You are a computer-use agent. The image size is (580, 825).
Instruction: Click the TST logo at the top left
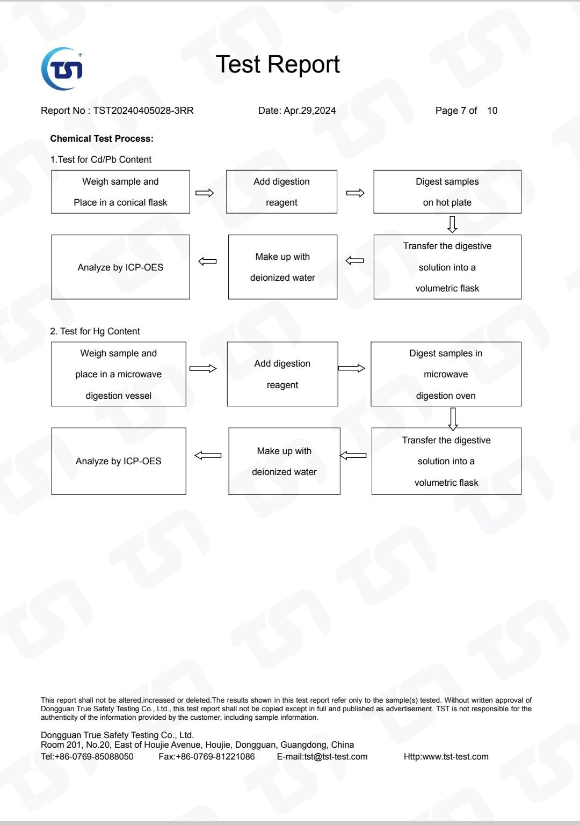coord(62,69)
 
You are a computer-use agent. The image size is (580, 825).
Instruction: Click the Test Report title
coord(278,64)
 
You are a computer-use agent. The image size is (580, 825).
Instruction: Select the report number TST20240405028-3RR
coord(143,111)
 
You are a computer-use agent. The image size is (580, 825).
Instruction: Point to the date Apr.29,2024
coord(309,111)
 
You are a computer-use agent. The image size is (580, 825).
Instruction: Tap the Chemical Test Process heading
coord(102,138)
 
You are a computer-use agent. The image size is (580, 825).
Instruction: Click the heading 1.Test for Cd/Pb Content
coord(100,159)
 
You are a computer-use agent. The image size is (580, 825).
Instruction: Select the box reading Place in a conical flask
coord(120,192)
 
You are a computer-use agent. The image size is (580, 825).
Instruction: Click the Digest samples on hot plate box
coord(447,192)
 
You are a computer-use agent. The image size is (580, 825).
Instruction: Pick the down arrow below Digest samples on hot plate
coord(452,224)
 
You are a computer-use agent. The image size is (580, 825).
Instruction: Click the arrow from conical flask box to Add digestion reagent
coord(205,193)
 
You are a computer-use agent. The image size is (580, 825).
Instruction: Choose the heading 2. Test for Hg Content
coord(95,331)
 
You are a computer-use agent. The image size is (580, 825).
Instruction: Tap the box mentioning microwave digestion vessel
coord(119,374)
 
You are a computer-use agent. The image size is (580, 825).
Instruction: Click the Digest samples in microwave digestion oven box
coord(446,374)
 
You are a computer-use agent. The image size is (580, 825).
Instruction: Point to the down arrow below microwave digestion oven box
coord(453,419)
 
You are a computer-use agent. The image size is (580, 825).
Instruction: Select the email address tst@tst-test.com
coord(336,756)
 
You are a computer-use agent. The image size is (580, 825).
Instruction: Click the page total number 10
coord(492,111)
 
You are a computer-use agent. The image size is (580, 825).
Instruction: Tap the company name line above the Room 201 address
coord(117,735)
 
